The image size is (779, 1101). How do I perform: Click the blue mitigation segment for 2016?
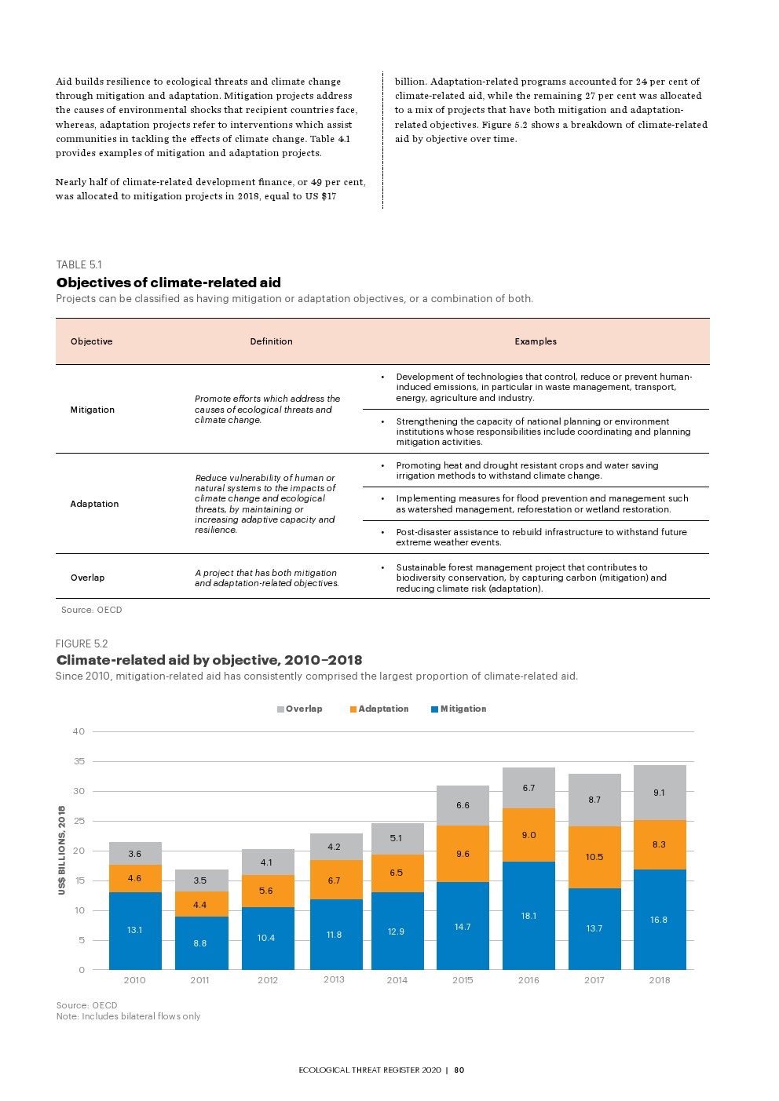click(x=528, y=915)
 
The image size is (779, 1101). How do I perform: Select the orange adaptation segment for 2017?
click(x=594, y=857)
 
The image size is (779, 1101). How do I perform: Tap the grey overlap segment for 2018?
click(x=660, y=793)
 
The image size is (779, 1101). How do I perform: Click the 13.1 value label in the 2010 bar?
click(x=135, y=930)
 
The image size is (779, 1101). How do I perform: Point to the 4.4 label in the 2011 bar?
click(x=200, y=905)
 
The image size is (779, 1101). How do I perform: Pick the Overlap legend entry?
click(x=299, y=709)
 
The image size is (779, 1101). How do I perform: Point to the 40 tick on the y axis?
click(x=79, y=731)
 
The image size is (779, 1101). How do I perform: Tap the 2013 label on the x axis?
click(x=334, y=979)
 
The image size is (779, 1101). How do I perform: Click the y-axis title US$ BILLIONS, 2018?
click(x=62, y=850)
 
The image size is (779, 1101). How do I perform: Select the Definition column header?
click(x=271, y=341)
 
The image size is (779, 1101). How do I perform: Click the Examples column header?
click(x=536, y=341)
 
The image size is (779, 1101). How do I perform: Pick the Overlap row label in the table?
click(x=87, y=578)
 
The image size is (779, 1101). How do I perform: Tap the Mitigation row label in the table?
click(x=93, y=410)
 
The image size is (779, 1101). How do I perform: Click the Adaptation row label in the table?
click(x=94, y=504)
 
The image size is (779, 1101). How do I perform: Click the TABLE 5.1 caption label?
click(x=79, y=264)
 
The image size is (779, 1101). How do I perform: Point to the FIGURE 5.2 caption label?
click(x=82, y=643)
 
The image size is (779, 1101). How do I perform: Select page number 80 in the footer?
click(x=459, y=1070)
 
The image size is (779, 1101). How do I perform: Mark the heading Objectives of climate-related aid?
click(x=168, y=283)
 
